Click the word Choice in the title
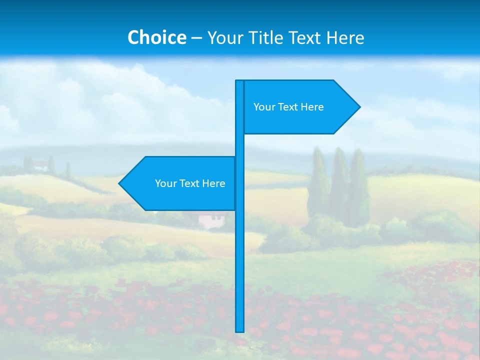point(156,37)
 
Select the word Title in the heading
point(272,37)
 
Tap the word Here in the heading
point(345,37)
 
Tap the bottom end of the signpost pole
point(240,330)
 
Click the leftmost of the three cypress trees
point(318,185)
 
